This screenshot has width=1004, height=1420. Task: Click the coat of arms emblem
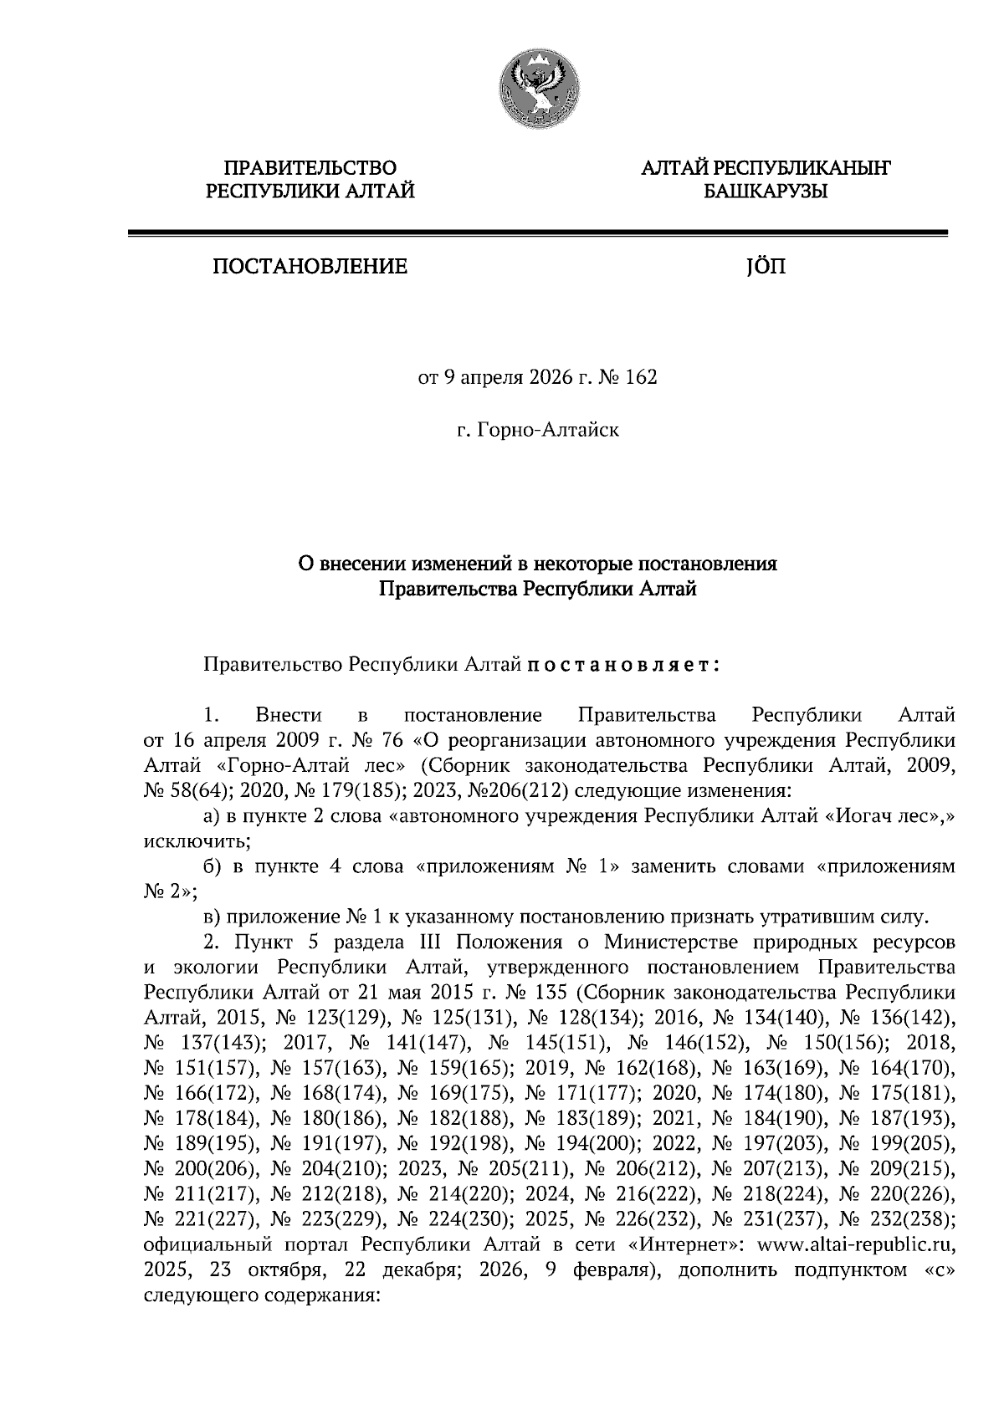[x=537, y=89]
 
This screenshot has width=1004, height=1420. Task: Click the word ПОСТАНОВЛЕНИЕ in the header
[x=310, y=268]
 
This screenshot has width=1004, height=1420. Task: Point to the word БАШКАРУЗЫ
[x=765, y=192]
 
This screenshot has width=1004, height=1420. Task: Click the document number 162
[x=641, y=378]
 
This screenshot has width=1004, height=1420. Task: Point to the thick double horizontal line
[x=537, y=233]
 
